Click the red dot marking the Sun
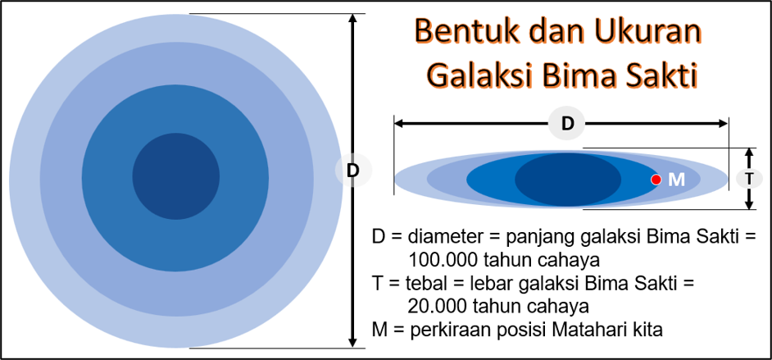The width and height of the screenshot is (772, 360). [656, 180]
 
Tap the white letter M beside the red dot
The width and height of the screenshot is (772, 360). [676, 180]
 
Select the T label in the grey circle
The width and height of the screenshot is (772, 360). [749, 179]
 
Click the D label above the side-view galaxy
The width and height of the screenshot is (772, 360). [568, 124]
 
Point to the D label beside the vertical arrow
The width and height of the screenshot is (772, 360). [353, 171]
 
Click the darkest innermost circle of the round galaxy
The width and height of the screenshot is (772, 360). [175, 176]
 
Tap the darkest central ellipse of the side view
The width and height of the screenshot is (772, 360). [568, 180]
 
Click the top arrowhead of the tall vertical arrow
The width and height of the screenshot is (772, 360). [352, 19]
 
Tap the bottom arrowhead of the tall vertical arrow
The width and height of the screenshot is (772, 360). [352, 342]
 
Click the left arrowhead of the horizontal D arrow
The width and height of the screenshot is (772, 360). [399, 124]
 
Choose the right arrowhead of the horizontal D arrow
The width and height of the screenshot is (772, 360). [722, 124]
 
